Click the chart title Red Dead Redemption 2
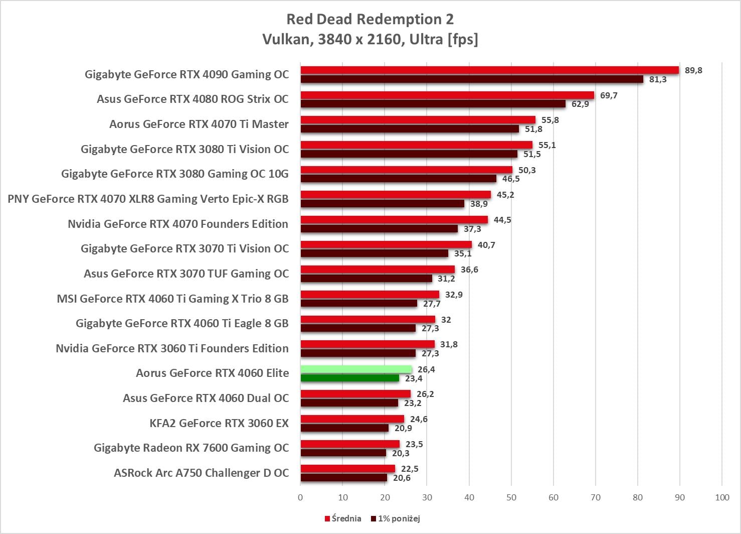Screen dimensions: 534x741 [370, 19]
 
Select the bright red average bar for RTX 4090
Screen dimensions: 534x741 [489, 70]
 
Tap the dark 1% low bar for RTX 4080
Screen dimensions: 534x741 [433, 104]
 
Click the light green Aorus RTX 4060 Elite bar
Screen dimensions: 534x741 [356, 369]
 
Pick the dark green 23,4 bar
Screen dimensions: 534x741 [350, 378]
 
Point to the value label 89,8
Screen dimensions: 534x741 [693, 70]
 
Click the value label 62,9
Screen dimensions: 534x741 [580, 104]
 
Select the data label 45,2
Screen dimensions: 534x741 [505, 195]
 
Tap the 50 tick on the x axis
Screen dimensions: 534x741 [511, 497]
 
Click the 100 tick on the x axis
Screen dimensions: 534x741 [722, 497]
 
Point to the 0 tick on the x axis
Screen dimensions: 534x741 [300, 497]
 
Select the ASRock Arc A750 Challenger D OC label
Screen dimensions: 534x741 [201, 473]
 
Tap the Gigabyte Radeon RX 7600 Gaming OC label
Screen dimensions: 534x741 [191, 448]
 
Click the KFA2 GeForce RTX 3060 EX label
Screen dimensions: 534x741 [219, 423]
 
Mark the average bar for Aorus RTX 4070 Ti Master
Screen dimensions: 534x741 [418, 120]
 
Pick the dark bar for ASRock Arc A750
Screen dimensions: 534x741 [344, 478]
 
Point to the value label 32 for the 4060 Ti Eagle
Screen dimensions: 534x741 [446, 320]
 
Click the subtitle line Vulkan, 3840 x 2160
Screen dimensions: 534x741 [370, 39]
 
